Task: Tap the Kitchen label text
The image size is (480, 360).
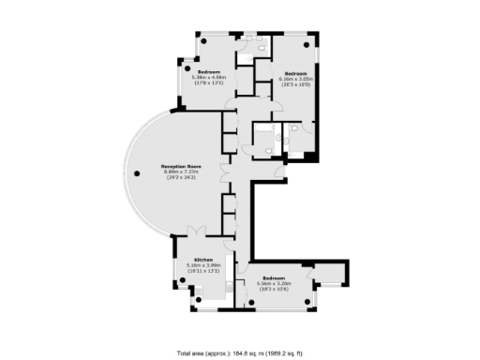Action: point(203,260)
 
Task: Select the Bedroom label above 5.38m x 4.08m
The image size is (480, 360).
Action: point(208,72)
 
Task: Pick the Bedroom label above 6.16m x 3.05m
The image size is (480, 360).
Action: point(296,74)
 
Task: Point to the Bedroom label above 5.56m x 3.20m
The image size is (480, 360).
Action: point(274,278)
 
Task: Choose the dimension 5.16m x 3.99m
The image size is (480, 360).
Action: point(203,265)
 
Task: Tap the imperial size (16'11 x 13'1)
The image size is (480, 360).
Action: point(203,271)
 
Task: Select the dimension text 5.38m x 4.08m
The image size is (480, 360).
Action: point(208,78)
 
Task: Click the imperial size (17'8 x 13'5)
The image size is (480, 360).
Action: point(208,83)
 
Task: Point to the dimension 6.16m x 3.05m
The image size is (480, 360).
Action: point(296,80)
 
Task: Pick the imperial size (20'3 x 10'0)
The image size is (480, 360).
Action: point(296,85)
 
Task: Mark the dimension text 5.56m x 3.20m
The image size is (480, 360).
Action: point(274,284)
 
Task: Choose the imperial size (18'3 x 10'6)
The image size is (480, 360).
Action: point(274,290)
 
